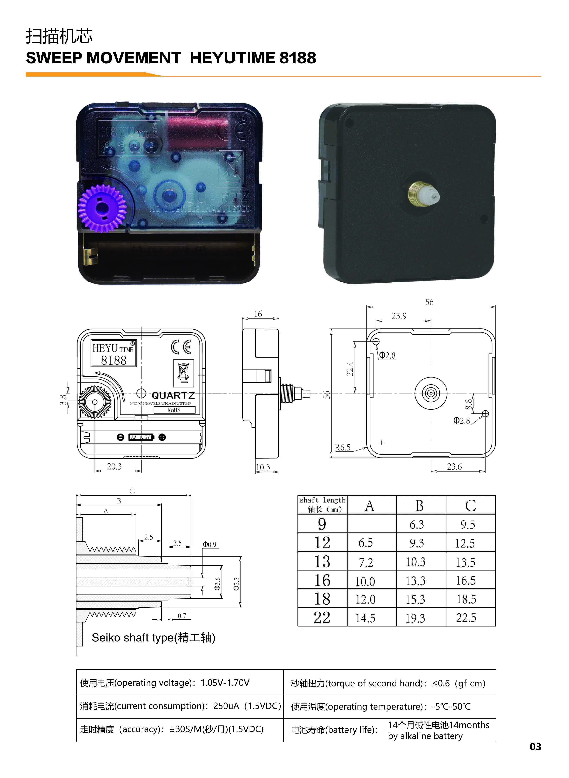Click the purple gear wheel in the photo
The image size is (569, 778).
[x=102, y=208]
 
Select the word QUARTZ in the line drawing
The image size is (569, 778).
[x=173, y=395]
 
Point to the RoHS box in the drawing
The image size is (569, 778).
[x=174, y=410]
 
